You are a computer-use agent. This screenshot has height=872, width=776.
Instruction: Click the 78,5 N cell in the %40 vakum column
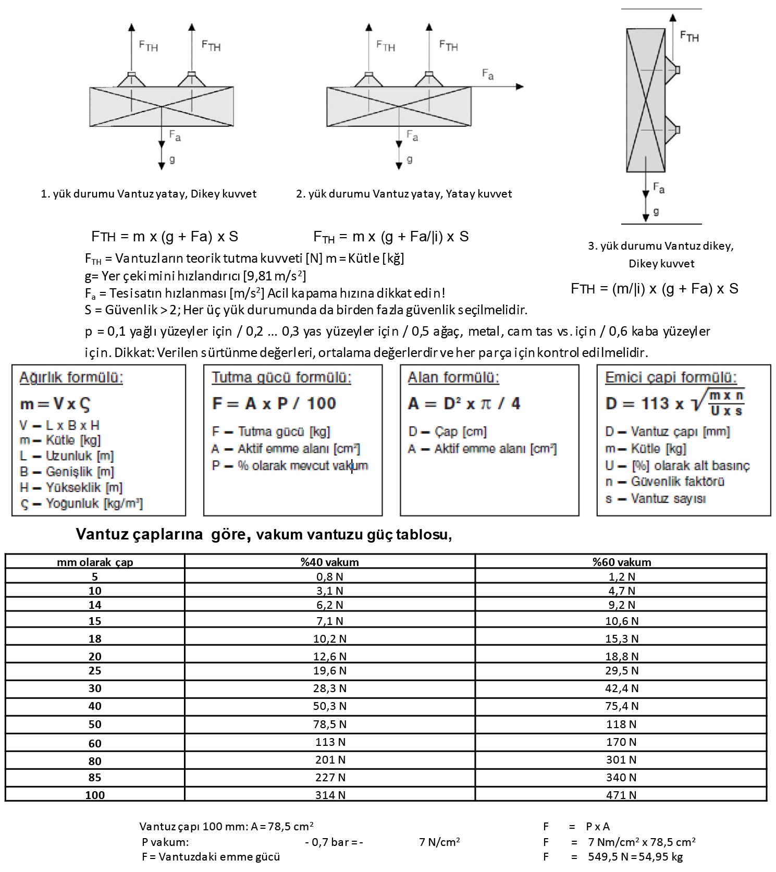[x=329, y=724]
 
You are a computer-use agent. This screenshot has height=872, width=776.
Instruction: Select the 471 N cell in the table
[x=621, y=795]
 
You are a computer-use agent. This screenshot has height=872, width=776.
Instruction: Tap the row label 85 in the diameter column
[x=95, y=778]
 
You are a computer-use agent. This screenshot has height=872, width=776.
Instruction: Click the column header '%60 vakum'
[x=621, y=562]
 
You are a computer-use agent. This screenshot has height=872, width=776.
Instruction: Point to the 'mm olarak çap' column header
[x=95, y=562]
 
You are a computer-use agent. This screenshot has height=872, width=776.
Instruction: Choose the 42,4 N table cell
[x=621, y=689]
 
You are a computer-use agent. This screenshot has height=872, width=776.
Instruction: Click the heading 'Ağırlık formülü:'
[x=71, y=377]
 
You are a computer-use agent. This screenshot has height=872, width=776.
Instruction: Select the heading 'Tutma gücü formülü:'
[x=281, y=377]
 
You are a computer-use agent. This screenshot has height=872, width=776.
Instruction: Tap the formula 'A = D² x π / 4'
[x=464, y=403]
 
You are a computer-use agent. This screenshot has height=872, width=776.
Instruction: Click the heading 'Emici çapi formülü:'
[x=671, y=377]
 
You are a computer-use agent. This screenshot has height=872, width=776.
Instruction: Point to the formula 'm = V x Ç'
[x=55, y=404]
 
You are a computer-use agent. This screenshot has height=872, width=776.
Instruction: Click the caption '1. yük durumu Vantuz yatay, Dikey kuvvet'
[x=149, y=194]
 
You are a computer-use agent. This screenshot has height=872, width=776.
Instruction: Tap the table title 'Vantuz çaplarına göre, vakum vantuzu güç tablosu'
[x=264, y=534]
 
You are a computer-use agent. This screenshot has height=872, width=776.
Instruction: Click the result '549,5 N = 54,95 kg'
[x=635, y=857]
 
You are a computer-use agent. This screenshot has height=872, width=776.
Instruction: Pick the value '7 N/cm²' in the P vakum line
[x=439, y=842]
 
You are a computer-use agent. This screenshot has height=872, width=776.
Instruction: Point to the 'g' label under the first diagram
[x=172, y=159]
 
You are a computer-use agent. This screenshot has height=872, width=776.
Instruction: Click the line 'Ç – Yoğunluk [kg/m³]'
[x=81, y=503]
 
